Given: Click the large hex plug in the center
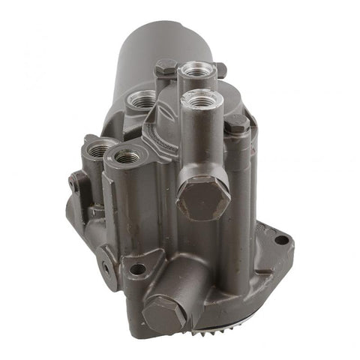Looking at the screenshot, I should click(x=202, y=196).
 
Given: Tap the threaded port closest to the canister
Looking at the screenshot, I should click(x=141, y=98).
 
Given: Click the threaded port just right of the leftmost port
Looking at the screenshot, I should click(x=125, y=157).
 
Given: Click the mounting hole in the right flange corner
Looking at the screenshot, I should click(x=281, y=240).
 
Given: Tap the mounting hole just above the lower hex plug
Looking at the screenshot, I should click(x=138, y=268).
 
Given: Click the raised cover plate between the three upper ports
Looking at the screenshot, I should click(x=169, y=120).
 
